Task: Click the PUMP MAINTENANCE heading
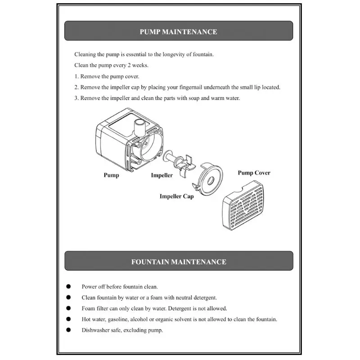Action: pos(178,31)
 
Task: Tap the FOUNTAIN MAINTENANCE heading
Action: pos(179,262)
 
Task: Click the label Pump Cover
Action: pos(254,173)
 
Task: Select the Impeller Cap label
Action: pos(176,197)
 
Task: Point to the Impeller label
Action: pos(162,175)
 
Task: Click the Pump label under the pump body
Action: pos(111,175)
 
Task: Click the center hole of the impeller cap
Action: pos(210,181)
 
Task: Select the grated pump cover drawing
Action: pos(243,205)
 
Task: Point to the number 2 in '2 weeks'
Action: pos(129,65)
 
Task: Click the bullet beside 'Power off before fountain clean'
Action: pos(68,286)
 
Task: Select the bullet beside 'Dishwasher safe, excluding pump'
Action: pos(68,330)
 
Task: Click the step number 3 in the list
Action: pos(76,98)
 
